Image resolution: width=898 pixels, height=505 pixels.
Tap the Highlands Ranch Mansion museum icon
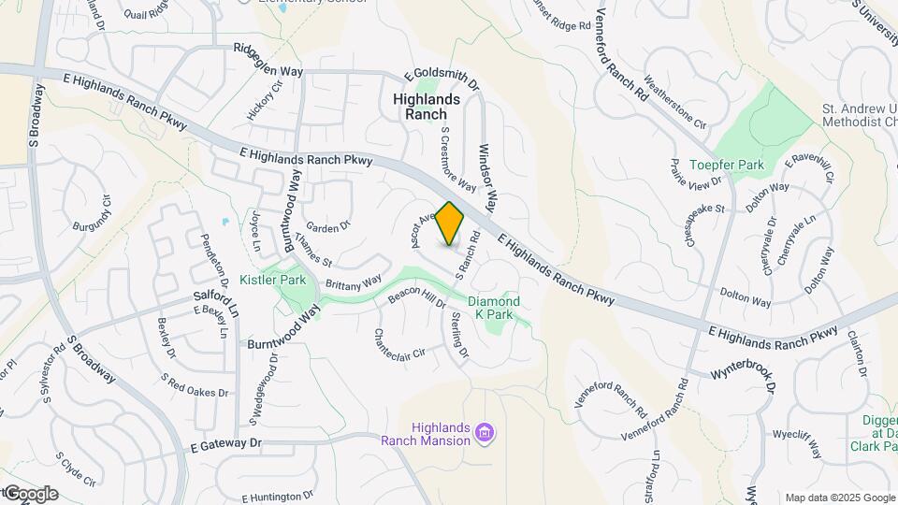485,433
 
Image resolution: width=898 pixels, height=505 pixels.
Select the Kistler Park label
272,280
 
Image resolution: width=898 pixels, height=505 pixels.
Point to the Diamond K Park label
493,308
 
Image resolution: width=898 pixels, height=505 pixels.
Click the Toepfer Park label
726,165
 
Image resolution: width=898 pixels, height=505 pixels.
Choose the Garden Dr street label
327,225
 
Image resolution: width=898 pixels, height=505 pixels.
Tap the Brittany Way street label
354,281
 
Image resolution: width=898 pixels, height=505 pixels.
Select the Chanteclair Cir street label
399,345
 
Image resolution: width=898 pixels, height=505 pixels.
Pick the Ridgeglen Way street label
268,57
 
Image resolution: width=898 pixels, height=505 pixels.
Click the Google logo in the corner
30,493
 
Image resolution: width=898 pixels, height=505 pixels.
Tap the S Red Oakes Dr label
195,385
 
